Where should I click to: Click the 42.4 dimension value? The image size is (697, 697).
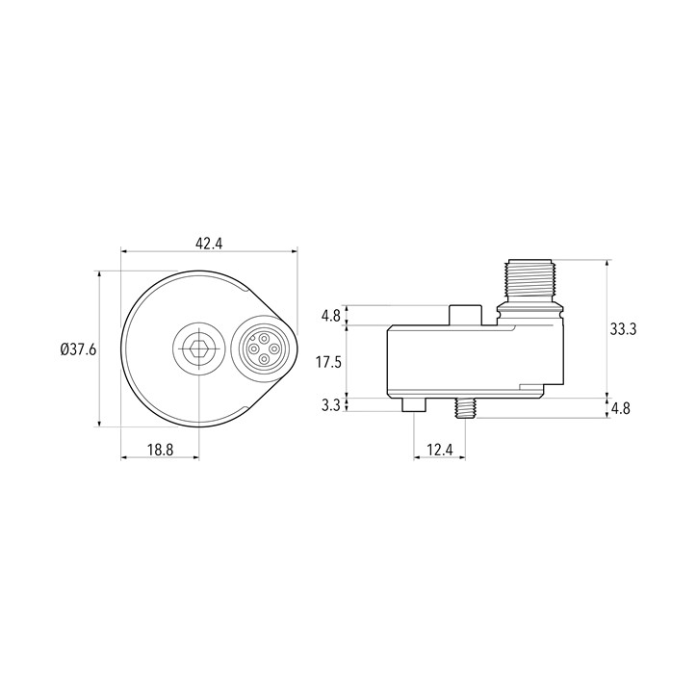pos(209,244)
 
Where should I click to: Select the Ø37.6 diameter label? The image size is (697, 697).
pos(78,349)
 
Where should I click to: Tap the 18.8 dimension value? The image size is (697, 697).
pos(160,449)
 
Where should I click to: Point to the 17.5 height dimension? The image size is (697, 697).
pos(330,361)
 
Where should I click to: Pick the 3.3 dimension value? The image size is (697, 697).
pos(330,405)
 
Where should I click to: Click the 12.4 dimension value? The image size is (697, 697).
pos(439,449)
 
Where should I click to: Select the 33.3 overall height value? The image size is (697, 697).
pos(624,328)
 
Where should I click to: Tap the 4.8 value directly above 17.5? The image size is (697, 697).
pos(330,316)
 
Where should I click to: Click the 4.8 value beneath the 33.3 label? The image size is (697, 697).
pos(621,408)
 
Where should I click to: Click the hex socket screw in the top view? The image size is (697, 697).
pos(198,348)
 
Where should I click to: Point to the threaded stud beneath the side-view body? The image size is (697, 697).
pos(464,408)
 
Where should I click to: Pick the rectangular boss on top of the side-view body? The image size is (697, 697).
pos(465,315)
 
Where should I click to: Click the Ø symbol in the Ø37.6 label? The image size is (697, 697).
pos(64,349)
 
